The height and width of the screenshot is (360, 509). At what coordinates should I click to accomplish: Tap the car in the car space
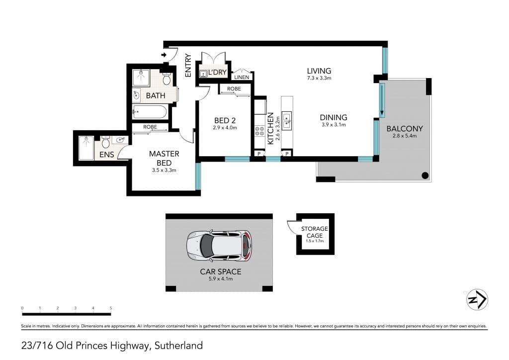[219, 246]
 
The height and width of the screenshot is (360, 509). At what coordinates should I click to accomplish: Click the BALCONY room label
[405, 129]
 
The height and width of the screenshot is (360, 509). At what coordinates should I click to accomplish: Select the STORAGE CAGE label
[315, 232]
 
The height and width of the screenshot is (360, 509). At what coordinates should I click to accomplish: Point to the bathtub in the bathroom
[150, 112]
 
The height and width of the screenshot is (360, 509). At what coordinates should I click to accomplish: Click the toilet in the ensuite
[105, 142]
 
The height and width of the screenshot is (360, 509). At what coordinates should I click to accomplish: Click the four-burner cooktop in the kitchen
[259, 131]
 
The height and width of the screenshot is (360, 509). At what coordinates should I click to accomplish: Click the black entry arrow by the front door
[164, 55]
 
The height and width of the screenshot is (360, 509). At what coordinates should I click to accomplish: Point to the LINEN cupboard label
[242, 77]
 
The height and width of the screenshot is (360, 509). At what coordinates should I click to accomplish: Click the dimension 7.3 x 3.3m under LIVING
[319, 78]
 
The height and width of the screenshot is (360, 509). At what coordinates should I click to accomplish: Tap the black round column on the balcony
[425, 176]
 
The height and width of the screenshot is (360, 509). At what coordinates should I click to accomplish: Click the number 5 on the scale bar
[111, 308]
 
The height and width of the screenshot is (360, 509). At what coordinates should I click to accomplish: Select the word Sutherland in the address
[178, 346]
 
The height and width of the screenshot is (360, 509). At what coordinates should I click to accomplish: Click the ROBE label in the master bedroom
[150, 127]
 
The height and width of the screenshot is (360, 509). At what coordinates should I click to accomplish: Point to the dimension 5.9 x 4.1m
[221, 279]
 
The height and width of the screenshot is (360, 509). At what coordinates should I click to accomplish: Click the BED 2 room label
[225, 121]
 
